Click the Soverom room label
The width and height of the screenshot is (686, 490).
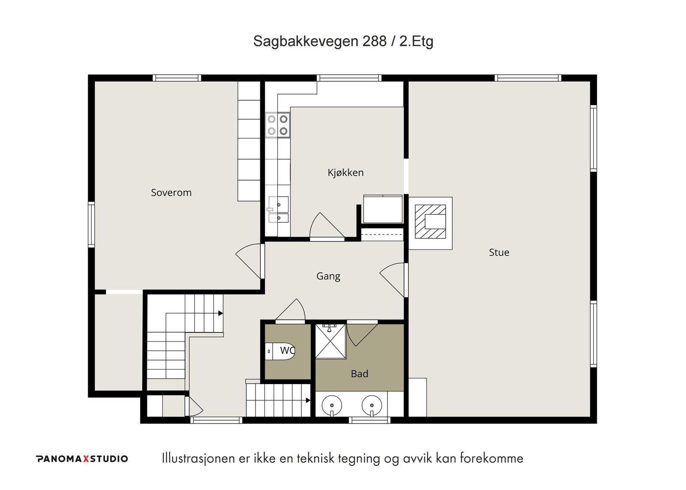coord(171,192)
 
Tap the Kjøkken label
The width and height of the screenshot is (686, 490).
coord(346,173)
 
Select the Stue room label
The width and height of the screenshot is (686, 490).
coord(499,253)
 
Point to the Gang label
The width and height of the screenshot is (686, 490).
coord(328,277)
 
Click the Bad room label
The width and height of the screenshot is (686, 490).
coord(360,374)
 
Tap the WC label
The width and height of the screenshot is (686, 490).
coord(287,350)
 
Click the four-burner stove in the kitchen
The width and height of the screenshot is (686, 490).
coord(277,125)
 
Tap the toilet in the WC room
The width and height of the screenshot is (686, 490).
coord(280,351)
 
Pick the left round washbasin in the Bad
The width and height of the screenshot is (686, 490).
coord(332,406)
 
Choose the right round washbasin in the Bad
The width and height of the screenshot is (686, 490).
coord(372,406)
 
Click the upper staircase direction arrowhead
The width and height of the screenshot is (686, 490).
coord(220,313)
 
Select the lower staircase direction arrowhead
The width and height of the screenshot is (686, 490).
coord(308,400)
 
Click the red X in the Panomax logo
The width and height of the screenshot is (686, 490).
coord(86,459)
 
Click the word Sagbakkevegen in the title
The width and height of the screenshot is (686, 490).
coord(306,41)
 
